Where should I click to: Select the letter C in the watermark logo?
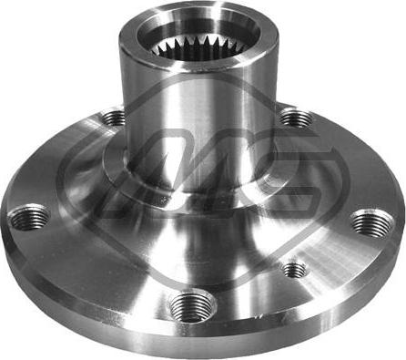tap(273, 182)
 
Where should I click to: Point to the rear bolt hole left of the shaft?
tap(114, 116)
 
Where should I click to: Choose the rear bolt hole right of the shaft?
tap(292, 118)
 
